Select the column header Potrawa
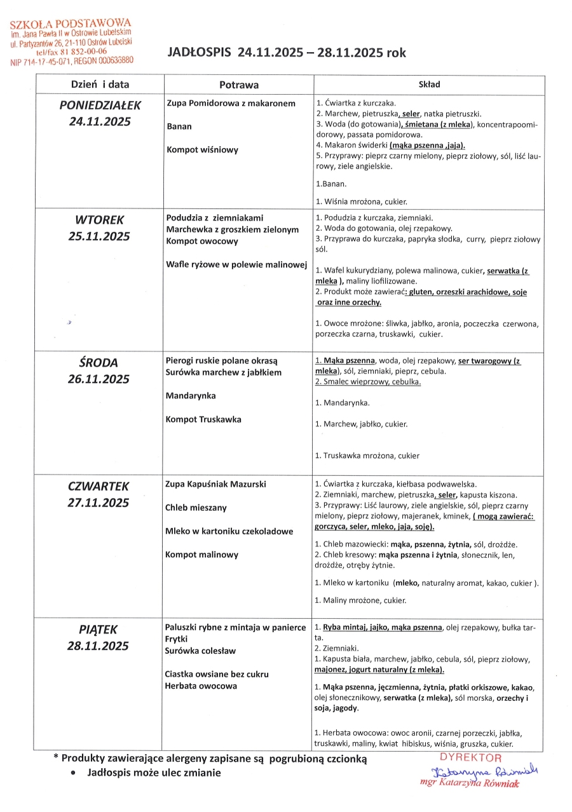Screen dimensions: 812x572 (239, 85)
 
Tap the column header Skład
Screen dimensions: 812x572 (429, 85)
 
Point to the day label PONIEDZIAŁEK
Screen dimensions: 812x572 (100, 105)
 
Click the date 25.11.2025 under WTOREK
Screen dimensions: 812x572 (99, 236)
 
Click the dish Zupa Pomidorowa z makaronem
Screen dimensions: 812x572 (231, 103)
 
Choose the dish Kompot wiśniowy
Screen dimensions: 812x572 (202, 150)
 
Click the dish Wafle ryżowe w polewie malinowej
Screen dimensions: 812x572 (236, 264)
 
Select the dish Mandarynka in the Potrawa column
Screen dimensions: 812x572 (190, 396)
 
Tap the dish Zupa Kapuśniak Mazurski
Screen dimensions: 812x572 (215, 484)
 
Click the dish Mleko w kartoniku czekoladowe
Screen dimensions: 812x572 (229, 531)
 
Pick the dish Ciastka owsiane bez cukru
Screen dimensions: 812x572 (216, 674)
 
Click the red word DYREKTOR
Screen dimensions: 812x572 (470, 758)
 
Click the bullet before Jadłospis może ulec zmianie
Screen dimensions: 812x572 (76, 773)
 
